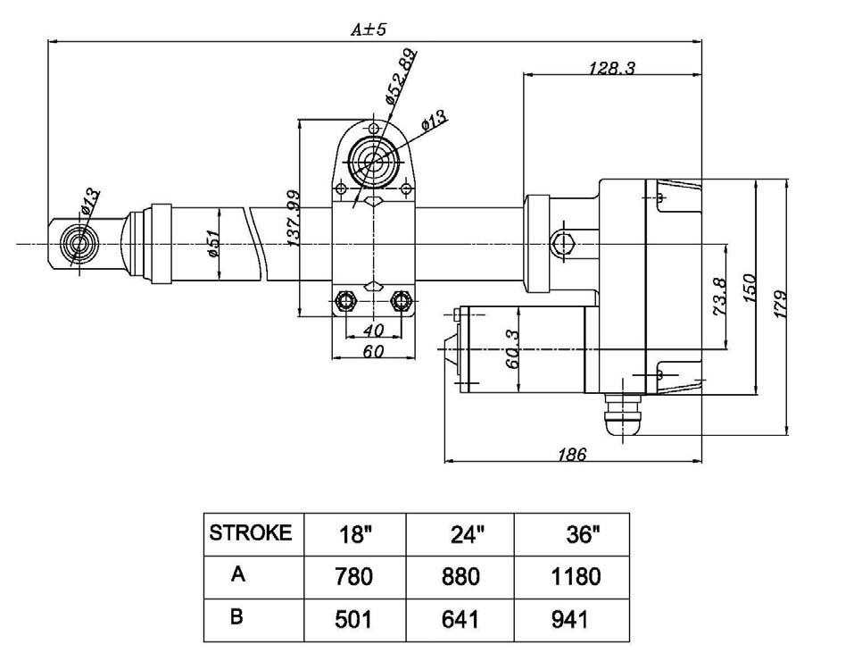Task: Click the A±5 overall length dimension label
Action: [x=367, y=29]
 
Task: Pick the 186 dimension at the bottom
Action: [x=572, y=455]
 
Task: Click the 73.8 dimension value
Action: [x=721, y=297]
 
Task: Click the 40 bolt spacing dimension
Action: [x=374, y=331]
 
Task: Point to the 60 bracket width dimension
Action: [x=374, y=351]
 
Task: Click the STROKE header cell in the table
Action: [x=251, y=533]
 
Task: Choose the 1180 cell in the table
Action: [x=577, y=575]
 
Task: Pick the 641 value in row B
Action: [x=460, y=618]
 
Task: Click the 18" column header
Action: [x=355, y=534]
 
